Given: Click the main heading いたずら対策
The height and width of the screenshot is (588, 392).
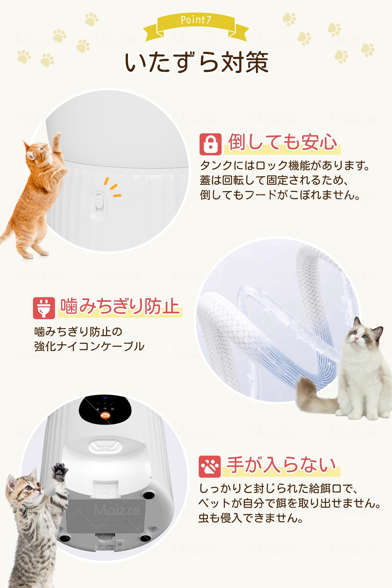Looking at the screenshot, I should (x=196, y=63).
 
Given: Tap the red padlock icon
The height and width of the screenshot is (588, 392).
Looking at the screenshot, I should (x=210, y=144).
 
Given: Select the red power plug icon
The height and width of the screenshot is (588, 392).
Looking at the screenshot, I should (x=44, y=308).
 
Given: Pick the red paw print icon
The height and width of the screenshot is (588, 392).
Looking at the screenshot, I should (x=209, y=466).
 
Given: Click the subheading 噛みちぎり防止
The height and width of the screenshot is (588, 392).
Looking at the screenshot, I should (x=120, y=307).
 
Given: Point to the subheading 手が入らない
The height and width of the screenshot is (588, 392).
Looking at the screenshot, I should (x=281, y=465).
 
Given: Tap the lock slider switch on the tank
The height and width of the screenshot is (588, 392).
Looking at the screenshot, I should (x=99, y=203).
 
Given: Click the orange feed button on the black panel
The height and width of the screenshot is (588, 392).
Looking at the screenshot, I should (x=105, y=415).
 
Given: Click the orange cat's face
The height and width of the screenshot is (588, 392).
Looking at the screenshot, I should (x=37, y=152).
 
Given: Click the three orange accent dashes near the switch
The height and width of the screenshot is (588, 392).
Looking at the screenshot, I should (x=113, y=187).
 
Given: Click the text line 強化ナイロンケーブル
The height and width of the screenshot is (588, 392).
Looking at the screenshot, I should (x=89, y=346).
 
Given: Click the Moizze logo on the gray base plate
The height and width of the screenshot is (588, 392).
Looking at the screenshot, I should (x=117, y=510).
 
